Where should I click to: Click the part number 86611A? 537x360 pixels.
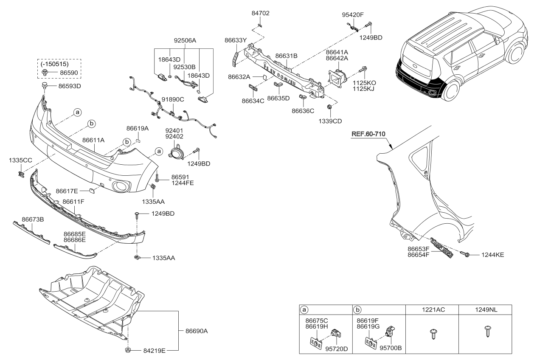[x=93, y=139]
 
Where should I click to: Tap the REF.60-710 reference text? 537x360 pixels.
[x=368, y=134]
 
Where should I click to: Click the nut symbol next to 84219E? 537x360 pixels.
[x=127, y=350]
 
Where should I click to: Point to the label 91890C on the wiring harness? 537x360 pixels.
[x=172, y=99]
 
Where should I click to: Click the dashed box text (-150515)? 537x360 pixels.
[x=54, y=64]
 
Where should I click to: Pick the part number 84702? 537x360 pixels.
[x=260, y=13]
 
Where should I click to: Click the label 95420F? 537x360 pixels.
[x=353, y=14]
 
